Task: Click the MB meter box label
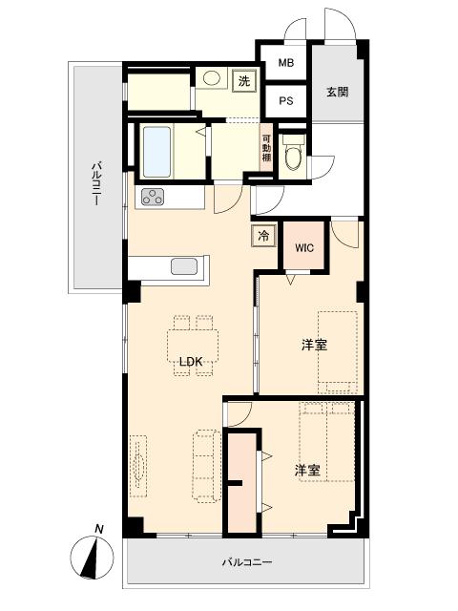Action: coord(286,62)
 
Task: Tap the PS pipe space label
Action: coord(286,100)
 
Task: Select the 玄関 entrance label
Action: coord(337,92)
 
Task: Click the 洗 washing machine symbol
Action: coord(244,81)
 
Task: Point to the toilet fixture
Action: coord(293,152)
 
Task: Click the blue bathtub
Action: coord(156,152)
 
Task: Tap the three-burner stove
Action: coord(153,197)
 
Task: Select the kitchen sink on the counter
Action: coord(184,266)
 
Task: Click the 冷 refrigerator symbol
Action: coord(263,236)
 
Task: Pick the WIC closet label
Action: coord(304,248)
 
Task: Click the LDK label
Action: coord(191,362)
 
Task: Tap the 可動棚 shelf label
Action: coord(267,148)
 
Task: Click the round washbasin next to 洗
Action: coord(212,78)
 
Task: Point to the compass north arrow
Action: coord(92,558)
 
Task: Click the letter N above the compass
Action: coord(99,529)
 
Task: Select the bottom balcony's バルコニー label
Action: coord(247,562)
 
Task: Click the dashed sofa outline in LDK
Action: coord(207,466)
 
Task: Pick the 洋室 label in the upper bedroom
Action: coord(314,345)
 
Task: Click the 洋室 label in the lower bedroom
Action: coord(307,471)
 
